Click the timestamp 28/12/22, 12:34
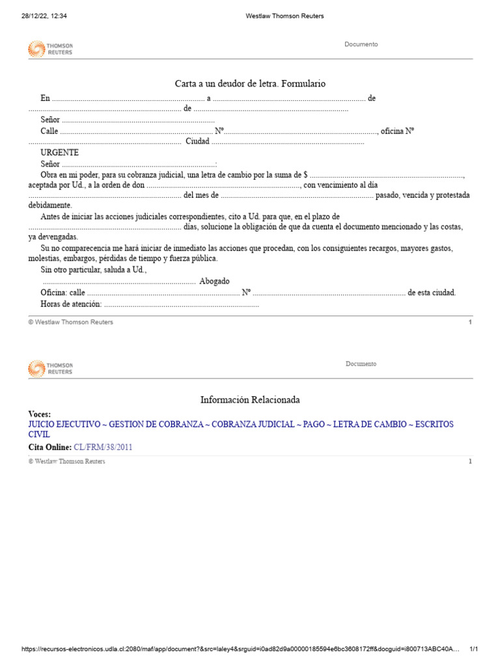click(x=44, y=16)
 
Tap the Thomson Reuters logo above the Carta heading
click(x=50, y=49)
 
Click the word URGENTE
click(x=60, y=152)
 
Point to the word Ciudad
click(x=197, y=142)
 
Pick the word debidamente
click(x=50, y=205)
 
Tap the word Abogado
click(x=214, y=281)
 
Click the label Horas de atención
click(x=71, y=304)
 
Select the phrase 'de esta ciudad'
click(x=432, y=293)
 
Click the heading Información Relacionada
click(x=250, y=400)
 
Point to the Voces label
click(x=40, y=414)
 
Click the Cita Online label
click(x=49, y=447)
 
